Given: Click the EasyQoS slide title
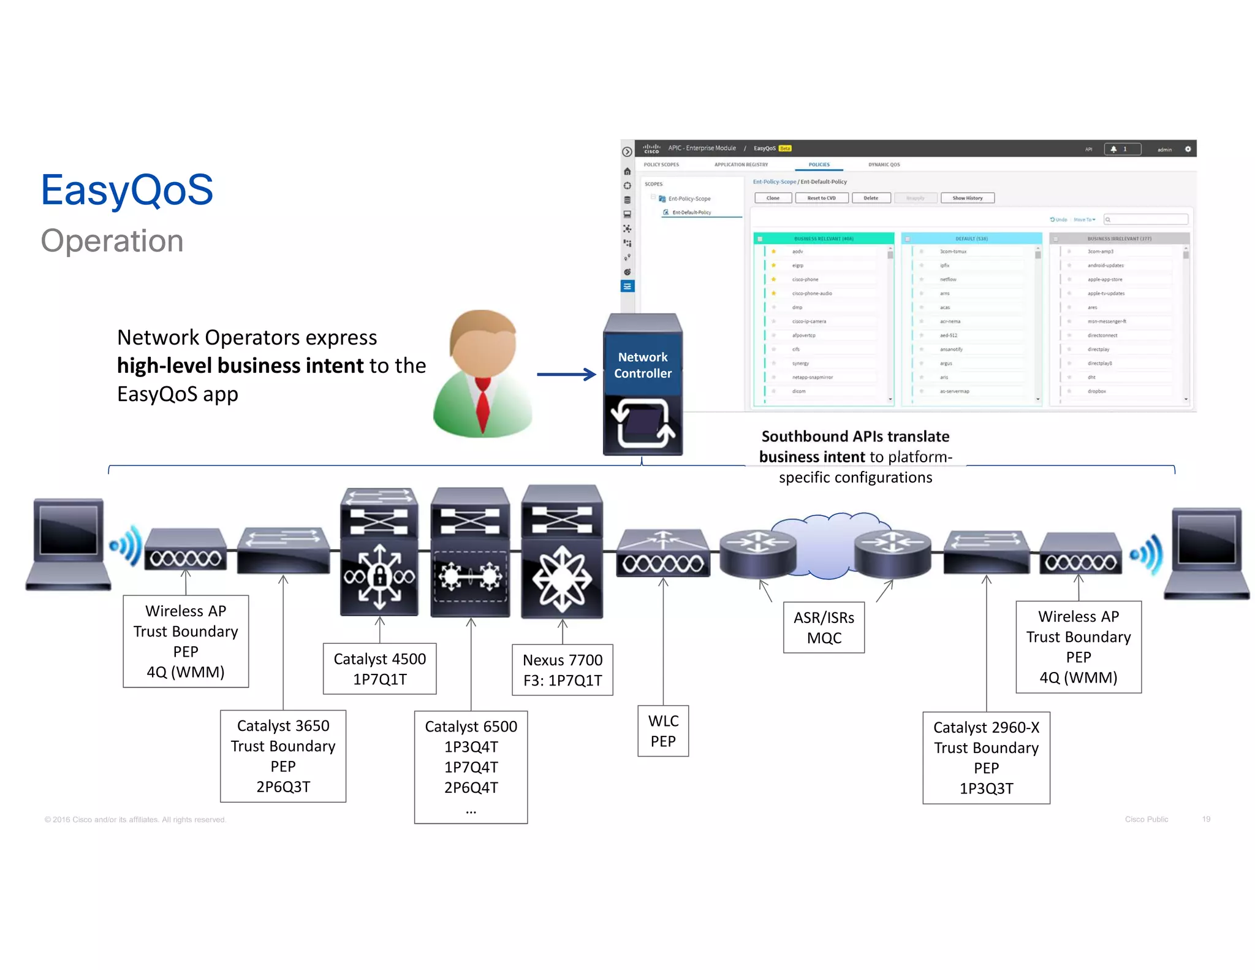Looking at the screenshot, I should (127, 190).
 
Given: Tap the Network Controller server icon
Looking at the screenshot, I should (643, 384).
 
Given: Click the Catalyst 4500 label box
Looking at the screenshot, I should (379, 668).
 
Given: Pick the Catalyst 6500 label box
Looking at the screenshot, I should (471, 766).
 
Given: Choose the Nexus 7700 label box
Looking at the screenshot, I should (562, 670).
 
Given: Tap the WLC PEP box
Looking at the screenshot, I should (663, 731).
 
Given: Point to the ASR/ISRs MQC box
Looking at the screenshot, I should (824, 627).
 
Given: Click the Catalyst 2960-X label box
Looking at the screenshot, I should (986, 758).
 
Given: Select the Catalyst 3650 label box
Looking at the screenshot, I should (283, 756).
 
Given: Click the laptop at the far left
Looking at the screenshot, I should (68, 544).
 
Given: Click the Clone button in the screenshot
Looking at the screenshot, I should (773, 198).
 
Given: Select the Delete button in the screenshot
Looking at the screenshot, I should (871, 198).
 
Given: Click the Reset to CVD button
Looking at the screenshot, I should (821, 198).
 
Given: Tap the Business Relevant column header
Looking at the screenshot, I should (823, 239).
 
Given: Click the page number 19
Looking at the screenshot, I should (1206, 819).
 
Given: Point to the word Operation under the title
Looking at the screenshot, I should (112, 241).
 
